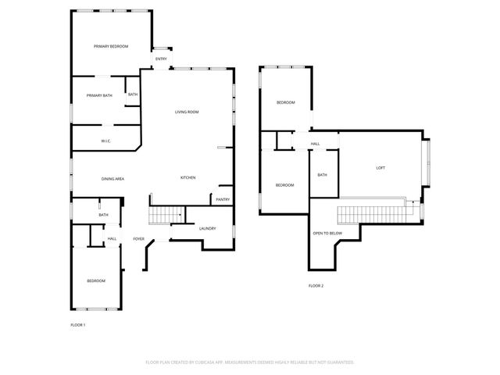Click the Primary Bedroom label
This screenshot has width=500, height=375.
(x=111, y=47)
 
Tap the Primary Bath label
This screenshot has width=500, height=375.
(x=99, y=95)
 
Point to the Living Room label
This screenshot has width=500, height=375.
(x=187, y=112)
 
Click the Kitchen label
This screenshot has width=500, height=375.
(x=187, y=178)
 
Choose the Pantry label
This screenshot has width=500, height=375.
(x=223, y=200)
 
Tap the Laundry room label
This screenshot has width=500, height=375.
(x=207, y=228)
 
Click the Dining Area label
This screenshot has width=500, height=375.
(x=113, y=180)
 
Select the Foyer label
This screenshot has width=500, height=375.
(x=138, y=239)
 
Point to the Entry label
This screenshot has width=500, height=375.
(x=161, y=59)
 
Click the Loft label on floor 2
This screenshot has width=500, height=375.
(x=380, y=168)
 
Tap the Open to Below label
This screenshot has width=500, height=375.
(x=327, y=234)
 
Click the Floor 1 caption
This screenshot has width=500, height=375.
(x=78, y=324)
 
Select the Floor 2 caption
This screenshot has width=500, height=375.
(x=316, y=286)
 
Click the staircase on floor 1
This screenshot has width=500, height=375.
(x=166, y=213)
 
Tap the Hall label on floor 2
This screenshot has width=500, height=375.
(x=315, y=144)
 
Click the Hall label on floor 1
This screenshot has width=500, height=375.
(x=112, y=238)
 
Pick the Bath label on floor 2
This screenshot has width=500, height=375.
(x=322, y=175)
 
